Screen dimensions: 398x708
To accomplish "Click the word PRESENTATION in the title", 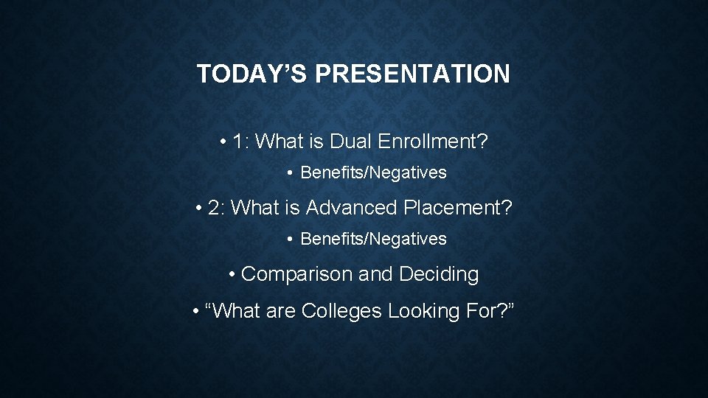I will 412,74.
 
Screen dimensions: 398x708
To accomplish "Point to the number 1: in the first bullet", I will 240,142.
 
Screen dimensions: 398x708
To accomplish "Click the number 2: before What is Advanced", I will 217,208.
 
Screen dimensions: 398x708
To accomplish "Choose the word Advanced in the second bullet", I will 352,208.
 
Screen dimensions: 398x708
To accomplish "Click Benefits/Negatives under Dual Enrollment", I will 373,172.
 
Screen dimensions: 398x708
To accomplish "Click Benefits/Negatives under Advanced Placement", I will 373,239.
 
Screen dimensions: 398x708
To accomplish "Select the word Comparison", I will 296,274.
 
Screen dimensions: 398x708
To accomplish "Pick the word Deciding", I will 439,274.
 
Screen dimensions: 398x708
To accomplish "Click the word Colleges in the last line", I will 341,311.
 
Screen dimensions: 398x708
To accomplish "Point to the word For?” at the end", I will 490,311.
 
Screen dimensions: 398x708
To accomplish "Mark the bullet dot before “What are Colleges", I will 195,312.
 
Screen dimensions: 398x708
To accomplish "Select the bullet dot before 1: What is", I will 223,142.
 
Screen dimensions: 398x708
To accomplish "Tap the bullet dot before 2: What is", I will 199,209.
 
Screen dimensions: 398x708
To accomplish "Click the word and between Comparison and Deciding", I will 375,274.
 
